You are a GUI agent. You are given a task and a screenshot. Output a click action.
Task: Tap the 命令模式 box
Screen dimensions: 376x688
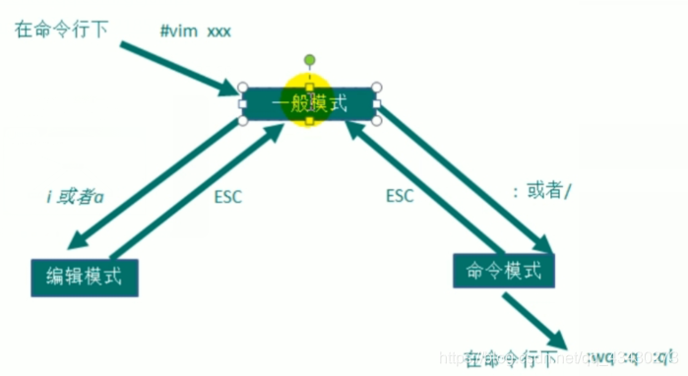point(503,270)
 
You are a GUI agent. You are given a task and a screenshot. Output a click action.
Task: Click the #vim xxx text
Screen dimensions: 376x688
point(195,30)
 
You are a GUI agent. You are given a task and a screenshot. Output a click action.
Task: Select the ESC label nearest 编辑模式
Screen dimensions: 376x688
point(227,195)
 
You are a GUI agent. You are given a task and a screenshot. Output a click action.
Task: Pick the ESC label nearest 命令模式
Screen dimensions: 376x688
point(399,195)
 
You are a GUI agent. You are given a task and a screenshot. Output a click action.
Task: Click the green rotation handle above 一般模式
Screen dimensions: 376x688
point(309,60)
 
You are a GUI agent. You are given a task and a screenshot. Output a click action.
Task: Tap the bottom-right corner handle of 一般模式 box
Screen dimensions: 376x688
point(376,121)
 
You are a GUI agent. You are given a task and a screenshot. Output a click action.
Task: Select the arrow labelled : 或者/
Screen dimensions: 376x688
point(463,177)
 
